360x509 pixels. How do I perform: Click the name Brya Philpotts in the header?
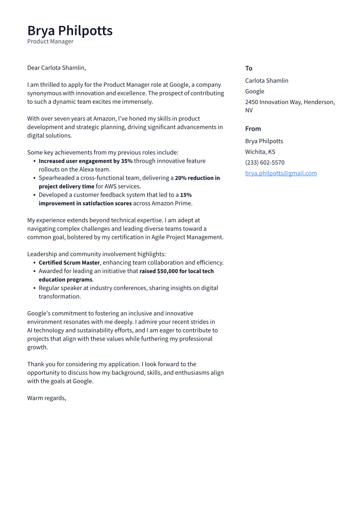coord(70,31)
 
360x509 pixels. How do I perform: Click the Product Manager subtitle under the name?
coord(50,41)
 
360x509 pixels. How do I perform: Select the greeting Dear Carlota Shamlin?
coord(57,68)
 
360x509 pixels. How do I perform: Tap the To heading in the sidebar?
coord(248,68)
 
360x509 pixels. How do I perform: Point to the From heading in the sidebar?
coord(253,129)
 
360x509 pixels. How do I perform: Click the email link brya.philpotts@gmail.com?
coord(281,173)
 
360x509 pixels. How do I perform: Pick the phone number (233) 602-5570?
coord(264,162)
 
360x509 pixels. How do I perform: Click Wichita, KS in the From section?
coord(260,152)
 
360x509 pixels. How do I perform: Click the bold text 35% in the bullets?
coord(127,161)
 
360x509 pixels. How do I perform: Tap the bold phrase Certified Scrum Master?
coord(69,263)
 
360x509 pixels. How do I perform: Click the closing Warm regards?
coord(47,398)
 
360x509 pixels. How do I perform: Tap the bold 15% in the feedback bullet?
coord(186,195)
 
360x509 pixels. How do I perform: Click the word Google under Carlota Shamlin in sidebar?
coord(255,91)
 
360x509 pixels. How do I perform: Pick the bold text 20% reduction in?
coord(197,178)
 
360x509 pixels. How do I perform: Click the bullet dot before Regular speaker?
coord(35,288)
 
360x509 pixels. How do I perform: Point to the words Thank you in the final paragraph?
coord(39,364)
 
